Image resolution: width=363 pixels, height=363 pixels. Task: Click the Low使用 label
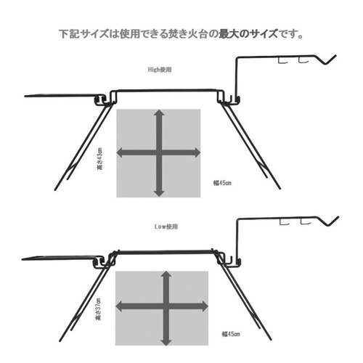pos(166,227)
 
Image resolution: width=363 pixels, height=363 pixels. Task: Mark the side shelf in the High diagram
pos(62,94)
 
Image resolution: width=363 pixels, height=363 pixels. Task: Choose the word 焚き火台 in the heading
pos(186,34)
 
